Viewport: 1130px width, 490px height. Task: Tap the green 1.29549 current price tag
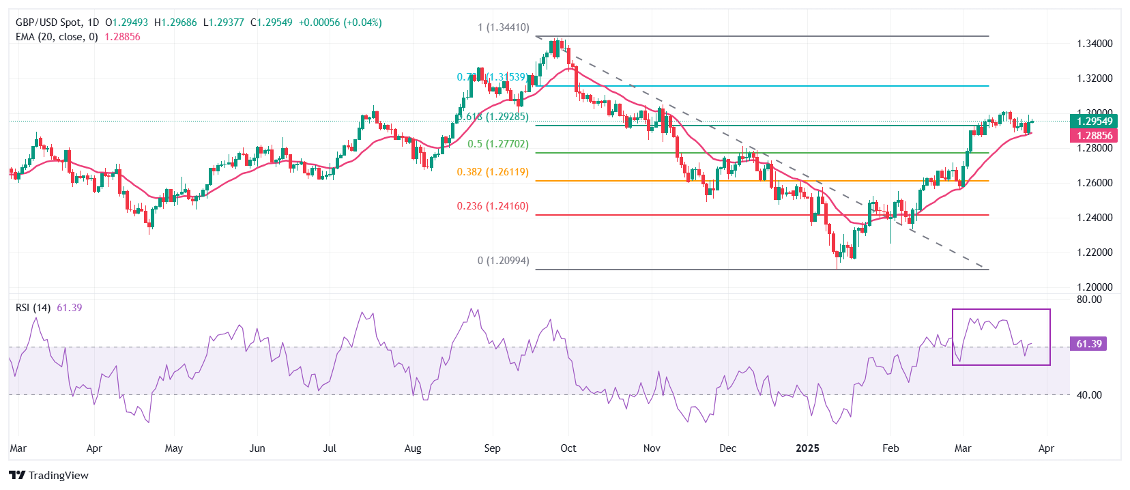1095,121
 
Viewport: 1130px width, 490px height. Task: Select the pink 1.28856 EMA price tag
1095,136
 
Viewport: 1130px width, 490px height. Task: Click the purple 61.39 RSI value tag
1088,344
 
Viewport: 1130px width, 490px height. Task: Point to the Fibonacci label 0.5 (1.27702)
497,144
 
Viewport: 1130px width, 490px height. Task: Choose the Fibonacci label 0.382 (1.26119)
493,172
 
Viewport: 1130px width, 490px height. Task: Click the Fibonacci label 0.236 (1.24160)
493,206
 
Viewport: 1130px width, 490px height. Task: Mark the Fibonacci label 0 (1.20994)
503,261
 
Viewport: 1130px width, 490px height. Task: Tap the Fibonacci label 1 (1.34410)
503,28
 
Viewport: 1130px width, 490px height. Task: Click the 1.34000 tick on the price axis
1095,44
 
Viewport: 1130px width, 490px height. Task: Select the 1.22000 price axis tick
1095,253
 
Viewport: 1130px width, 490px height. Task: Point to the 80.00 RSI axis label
1089,300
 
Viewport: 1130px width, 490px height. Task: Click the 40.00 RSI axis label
1089,395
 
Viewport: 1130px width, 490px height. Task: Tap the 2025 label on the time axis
808,448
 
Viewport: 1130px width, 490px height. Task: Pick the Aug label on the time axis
413,448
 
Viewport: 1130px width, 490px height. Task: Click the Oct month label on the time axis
568,448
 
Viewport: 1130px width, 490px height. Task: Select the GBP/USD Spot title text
47,23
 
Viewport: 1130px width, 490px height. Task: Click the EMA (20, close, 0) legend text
57,37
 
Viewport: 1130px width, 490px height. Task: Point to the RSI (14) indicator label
33,308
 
